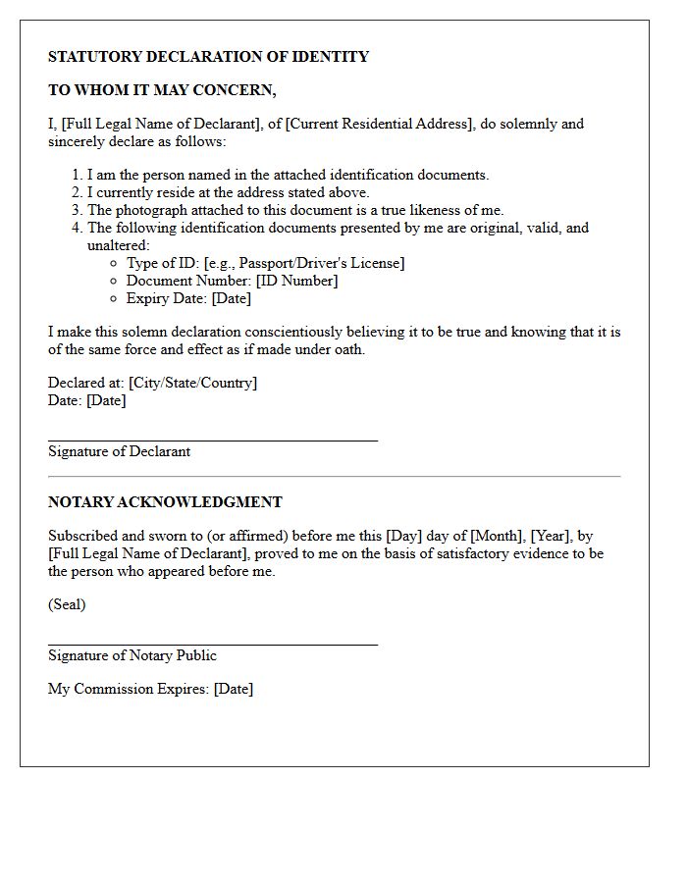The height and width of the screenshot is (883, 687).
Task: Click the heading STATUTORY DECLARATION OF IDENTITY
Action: pos(208,57)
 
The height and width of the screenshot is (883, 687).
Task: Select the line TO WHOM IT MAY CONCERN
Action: pos(162,90)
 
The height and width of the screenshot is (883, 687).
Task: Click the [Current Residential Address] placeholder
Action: pos(380,124)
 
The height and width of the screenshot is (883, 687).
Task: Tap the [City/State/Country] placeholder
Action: pos(192,383)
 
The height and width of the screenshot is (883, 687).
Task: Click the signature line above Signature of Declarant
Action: pos(213,441)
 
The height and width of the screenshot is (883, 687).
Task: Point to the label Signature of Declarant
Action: pos(119,451)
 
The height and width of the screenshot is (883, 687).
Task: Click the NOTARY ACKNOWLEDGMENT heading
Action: pos(165,502)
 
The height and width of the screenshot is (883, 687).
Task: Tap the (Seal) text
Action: pos(67,604)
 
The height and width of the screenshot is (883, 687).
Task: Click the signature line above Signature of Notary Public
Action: pos(213,645)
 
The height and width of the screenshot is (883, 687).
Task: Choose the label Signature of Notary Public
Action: pos(132,655)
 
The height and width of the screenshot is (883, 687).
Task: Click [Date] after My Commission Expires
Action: pos(234,689)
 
